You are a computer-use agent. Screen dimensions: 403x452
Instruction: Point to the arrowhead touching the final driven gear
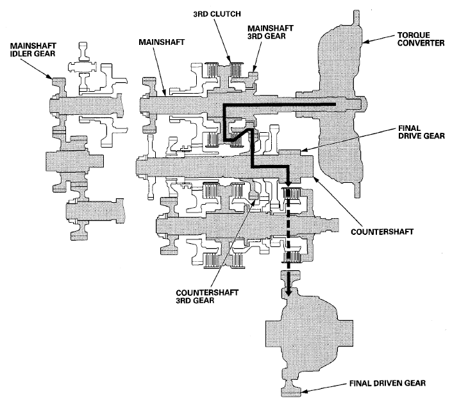306,390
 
